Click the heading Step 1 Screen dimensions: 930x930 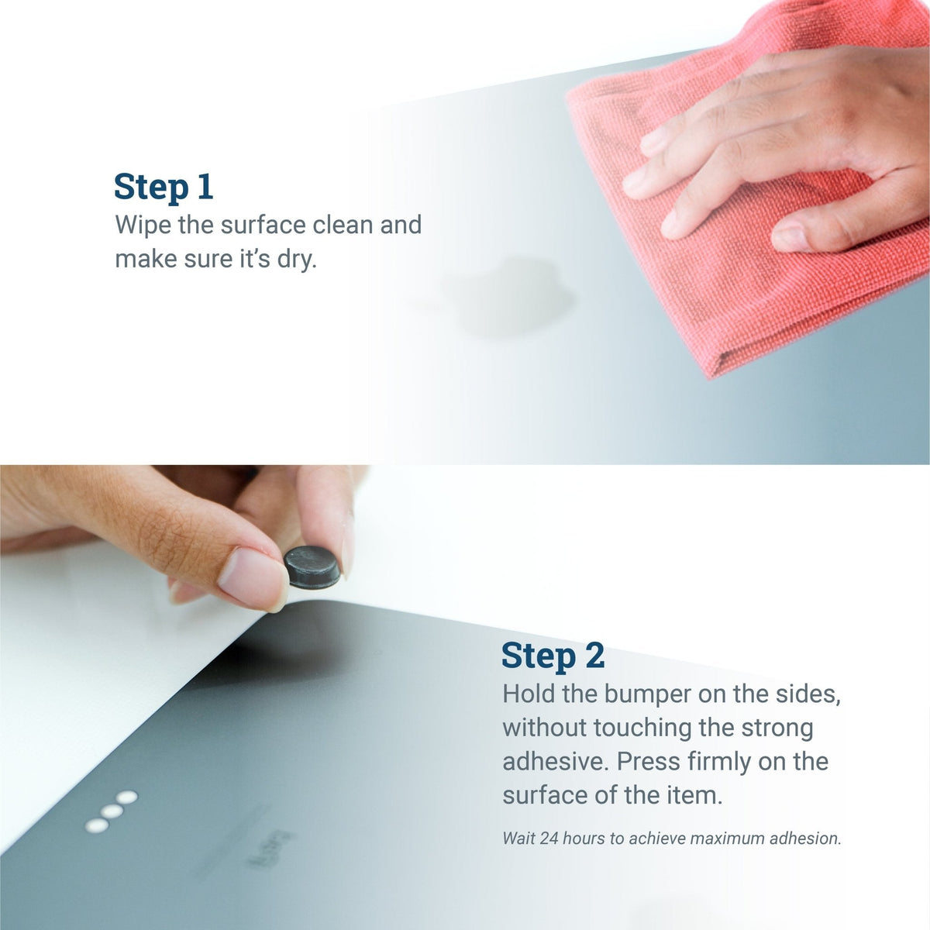(x=163, y=188)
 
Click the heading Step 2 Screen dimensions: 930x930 (x=553, y=656)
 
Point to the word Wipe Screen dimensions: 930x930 (x=143, y=226)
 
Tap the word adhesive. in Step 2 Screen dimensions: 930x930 (x=556, y=762)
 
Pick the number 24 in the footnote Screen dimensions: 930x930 (x=548, y=839)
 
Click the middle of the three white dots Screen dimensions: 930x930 (x=112, y=811)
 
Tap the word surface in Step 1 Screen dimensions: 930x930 (x=263, y=226)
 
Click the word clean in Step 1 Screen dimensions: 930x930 (x=343, y=226)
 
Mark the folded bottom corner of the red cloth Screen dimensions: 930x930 (x=710, y=375)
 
